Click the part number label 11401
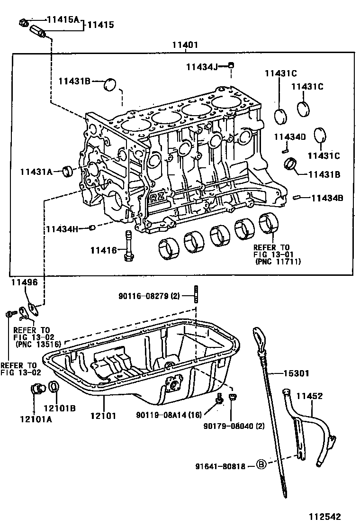[185, 45]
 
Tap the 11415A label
[63, 19]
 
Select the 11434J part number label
[202, 67]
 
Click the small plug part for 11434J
[231, 65]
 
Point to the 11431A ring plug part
[68, 172]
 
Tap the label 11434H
[62, 229]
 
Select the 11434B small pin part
[296, 197]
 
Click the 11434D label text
[290, 137]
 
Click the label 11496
[24, 282]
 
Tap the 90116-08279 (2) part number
[149, 296]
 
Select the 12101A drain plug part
[37, 389]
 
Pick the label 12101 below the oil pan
[103, 416]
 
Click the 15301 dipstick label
[296, 373]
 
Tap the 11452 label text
[309, 396]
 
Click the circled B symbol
[261, 465]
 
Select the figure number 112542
[325, 517]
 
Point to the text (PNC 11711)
[278, 261]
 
